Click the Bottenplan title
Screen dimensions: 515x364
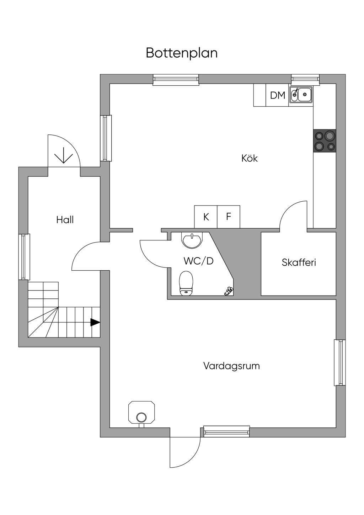pos(182,53)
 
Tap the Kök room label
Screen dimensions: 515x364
pos(250,158)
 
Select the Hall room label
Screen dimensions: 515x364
pos(65,220)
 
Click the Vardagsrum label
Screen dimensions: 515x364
pos(231,366)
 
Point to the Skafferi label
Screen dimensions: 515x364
pos(299,262)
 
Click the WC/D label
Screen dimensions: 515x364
pos(198,261)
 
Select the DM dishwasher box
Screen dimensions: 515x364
pos(278,95)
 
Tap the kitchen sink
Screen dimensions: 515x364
pos(301,95)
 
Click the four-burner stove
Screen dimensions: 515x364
pos(324,140)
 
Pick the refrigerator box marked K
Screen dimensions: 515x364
pos(206,217)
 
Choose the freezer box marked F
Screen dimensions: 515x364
pos(229,217)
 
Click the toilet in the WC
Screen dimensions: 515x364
pos(186,283)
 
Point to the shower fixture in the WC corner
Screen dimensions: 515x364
pos(228,291)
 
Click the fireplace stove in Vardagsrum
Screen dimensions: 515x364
pos(141,414)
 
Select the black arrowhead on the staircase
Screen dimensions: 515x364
pos(95,322)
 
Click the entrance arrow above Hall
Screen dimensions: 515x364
pos(64,155)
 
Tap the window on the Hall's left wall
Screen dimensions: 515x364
pos(24,256)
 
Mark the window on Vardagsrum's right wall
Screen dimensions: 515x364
pos(340,362)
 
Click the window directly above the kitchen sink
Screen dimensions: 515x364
pos(305,79)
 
